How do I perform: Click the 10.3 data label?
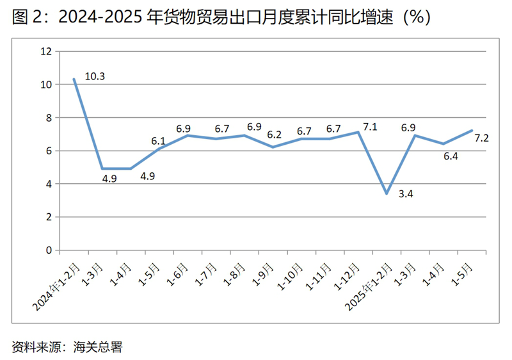pos(95,77)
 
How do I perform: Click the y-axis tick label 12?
pos(45,51)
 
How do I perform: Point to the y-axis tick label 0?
pos(48,250)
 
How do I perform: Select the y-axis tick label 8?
pos(48,118)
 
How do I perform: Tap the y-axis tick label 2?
pos(48,217)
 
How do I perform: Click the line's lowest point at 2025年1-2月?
pos(386,193)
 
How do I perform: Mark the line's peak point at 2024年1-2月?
pos(74,79)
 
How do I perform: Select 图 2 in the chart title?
pos(26,17)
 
